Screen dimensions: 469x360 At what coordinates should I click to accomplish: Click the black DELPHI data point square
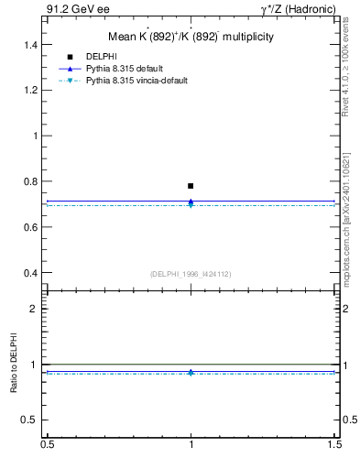[x=191, y=186]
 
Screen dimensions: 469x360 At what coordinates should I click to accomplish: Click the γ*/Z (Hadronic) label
[x=298, y=8]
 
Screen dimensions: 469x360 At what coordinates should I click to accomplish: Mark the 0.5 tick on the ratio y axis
[x=35, y=420]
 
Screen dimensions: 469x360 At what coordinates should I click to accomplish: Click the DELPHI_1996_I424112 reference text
[x=190, y=274]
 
